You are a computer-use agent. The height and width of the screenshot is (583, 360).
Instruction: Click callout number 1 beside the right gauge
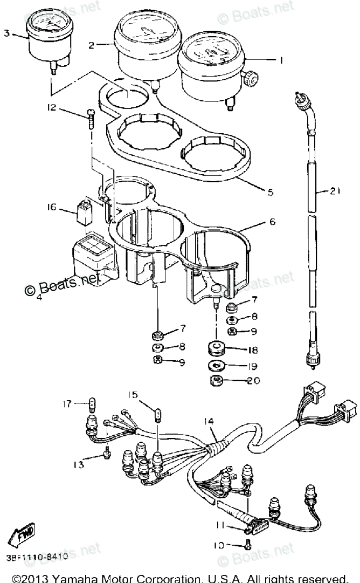(281, 60)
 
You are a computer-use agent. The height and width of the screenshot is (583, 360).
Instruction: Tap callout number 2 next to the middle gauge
(92, 45)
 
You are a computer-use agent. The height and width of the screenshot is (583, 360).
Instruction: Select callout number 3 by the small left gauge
(6, 33)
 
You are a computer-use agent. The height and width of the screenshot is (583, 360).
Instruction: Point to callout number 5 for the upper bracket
(271, 191)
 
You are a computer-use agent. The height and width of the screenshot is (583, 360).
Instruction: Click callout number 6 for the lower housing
(272, 222)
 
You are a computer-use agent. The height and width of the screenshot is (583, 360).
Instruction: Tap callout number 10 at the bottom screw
(218, 545)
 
